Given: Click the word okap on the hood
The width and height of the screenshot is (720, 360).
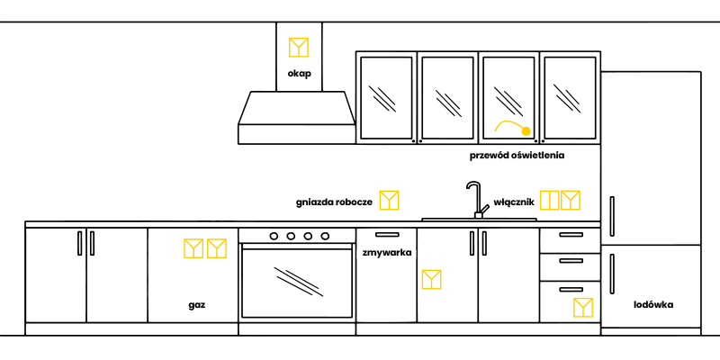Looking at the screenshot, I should [x=300, y=73].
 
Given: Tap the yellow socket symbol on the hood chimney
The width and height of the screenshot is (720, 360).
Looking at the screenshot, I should [x=299, y=47].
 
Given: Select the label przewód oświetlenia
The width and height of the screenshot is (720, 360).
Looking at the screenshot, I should [x=517, y=155].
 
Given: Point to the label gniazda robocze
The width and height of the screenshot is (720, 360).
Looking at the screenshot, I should [x=334, y=202].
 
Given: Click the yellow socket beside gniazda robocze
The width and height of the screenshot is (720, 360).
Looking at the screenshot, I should [x=389, y=200].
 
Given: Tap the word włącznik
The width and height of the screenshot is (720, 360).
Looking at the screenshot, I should [x=515, y=202].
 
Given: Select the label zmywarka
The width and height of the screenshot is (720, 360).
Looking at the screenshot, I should [x=387, y=253].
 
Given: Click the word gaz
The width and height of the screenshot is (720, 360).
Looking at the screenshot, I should [x=197, y=305].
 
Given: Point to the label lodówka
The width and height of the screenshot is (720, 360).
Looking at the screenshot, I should [x=653, y=304].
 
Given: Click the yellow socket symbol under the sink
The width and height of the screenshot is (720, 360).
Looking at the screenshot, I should [x=432, y=279].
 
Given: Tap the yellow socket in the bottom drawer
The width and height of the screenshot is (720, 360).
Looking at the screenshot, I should [x=583, y=308].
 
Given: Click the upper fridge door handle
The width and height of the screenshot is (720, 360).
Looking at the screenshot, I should [x=612, y=217].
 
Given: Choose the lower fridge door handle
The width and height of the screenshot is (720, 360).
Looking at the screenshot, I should [x=612, y=274].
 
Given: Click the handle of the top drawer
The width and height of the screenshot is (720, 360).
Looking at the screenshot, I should [x=570, y=235].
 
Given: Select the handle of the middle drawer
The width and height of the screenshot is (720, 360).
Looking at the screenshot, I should [x=570, y=262].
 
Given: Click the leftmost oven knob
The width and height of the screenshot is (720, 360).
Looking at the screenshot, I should [x=274, y=236].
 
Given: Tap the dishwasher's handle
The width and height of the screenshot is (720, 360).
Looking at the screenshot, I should [x=386, y=235].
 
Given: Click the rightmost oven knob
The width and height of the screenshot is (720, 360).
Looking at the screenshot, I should [x=324, y=236].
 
